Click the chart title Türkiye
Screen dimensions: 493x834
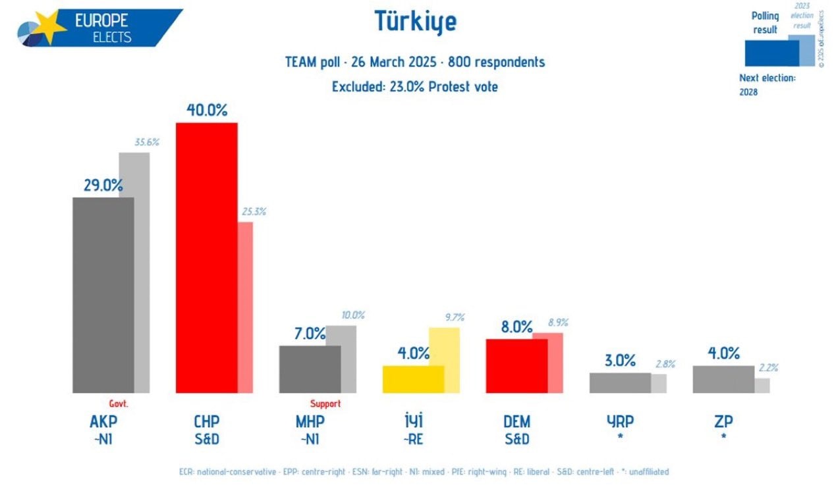[x=415, y=22]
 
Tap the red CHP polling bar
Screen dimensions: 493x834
[x=206, y=257]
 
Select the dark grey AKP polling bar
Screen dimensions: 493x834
[x=103, y=295]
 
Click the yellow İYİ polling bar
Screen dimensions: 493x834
[x=413, y=379]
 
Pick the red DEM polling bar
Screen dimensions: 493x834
[x=516, y=366]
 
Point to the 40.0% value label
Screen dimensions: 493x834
[x=206, y=110]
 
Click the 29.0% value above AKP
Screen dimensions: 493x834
[x=103, y=185]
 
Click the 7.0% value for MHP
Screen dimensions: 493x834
[x=309, y=334]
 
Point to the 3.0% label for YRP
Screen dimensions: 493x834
[x=620, y=360]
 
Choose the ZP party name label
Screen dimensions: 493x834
[x=723, y=421]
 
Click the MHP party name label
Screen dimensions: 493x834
[x=310, y=421]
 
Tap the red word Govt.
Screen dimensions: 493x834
[x=118, y=403]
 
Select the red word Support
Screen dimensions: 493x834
[x=325, y=403]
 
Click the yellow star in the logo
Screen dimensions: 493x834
[x=48, y=26]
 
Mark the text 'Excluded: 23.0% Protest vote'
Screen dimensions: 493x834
[x=415, y=86]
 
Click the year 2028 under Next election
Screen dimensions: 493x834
[x=748, y=92]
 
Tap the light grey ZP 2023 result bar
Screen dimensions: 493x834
[x=762, y=385]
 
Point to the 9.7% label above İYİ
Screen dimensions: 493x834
[x=455, y=317]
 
